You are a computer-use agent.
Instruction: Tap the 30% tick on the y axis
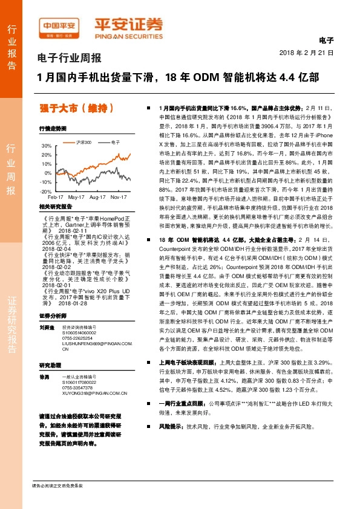pos(46,146)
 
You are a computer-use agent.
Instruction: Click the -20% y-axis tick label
pos(46,190)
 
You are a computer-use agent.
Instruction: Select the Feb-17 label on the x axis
pos(56,197)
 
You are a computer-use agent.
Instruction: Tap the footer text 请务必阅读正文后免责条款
pos(58,486)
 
